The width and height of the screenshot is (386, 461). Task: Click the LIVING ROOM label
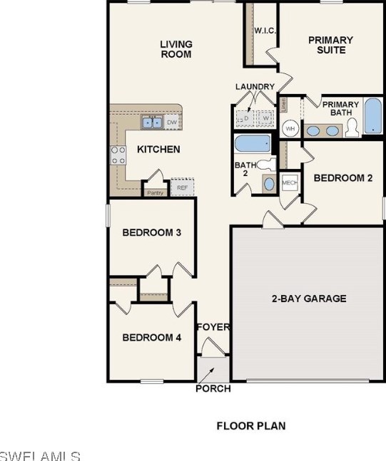click(176, 49)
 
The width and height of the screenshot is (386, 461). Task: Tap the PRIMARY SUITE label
click(330, 45)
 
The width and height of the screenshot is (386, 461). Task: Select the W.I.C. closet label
click(265, 31)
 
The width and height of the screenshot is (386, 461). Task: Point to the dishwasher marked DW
click(172, 123)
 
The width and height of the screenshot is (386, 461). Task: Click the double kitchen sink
click(151, 123)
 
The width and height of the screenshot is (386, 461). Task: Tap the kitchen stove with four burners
click(118, 155)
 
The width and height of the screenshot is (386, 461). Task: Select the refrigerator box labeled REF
click(182, 188)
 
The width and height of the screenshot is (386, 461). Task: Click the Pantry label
click(154, 192)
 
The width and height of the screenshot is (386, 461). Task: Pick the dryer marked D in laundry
click(246, 118)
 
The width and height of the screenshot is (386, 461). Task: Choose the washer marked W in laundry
click(266, 118)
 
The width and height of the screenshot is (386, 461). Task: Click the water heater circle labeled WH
click(290, 129)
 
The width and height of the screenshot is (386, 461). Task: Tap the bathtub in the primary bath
click(373, 117)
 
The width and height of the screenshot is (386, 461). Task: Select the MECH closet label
click(290, 182)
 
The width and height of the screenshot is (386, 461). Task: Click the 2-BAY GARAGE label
click(309, 299)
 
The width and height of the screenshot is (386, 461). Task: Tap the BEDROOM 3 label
click(151, 232)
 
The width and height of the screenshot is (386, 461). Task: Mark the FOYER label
click(213, 327)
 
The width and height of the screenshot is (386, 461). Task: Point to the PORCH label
click(213, 389)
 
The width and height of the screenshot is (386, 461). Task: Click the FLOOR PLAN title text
click(250, 426)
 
